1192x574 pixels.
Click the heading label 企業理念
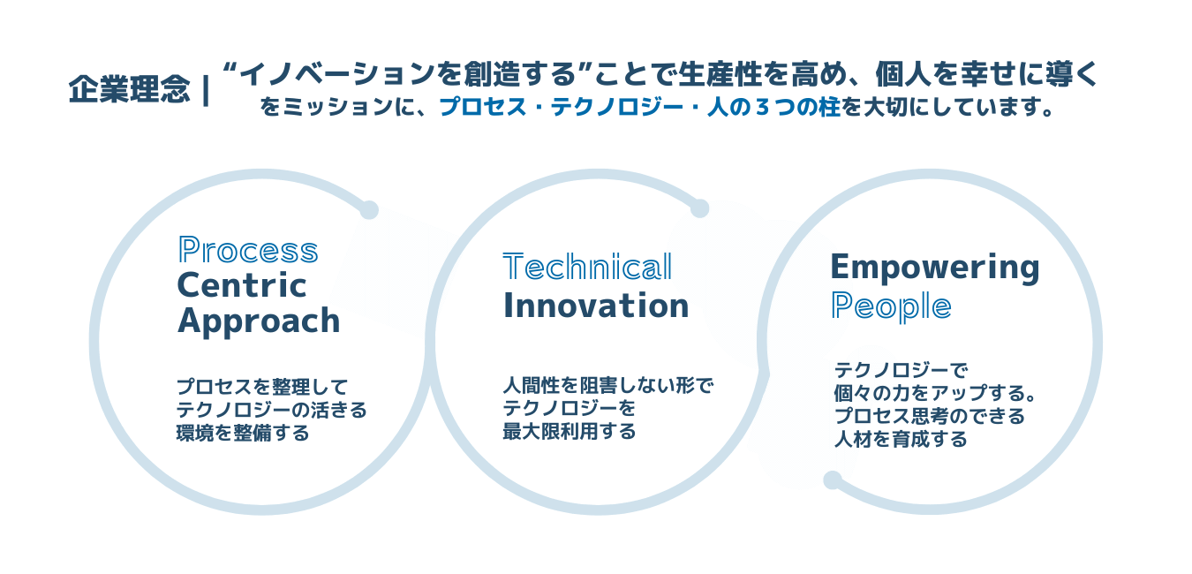(129, 89)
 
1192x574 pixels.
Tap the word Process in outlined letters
(248, 250)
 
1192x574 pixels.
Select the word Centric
(242, 285)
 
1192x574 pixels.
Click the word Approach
(259, 321)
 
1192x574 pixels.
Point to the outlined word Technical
(587, 267)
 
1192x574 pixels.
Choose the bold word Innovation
(596, 306)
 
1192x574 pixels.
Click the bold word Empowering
(935, 267)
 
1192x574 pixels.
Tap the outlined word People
(891, 307)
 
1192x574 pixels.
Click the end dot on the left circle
(369, 210)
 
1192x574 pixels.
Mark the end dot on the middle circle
(700, 208)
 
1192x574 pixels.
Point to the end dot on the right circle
(833, 480)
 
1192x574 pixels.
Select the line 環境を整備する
(243, 433)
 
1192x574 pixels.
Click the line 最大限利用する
(570, 431)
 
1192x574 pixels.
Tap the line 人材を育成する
(901, 440)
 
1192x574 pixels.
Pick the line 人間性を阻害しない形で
(608, 385)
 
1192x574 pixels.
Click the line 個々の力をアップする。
(935, 393)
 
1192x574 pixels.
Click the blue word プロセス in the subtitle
(483, 108)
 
